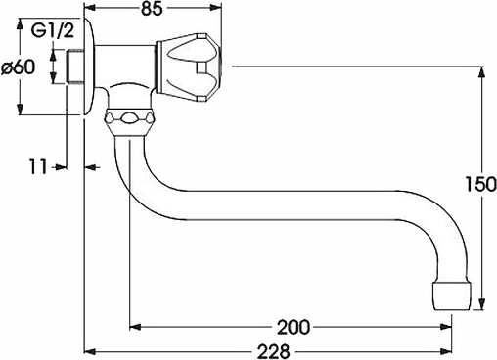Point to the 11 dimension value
point(37,168)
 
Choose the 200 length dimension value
point(294,326)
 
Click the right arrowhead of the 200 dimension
point(452,326)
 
